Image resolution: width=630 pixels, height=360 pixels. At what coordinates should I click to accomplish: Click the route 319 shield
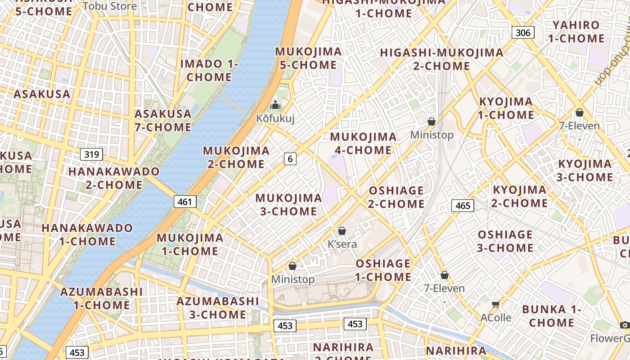(91, 154)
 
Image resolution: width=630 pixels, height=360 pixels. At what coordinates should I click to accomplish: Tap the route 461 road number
(185, 202)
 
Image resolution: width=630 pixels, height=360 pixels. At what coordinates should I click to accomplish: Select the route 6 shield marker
(290, 158)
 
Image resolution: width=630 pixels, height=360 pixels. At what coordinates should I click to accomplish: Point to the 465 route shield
(463, 206)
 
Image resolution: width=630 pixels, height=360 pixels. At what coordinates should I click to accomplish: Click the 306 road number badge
(522, 32)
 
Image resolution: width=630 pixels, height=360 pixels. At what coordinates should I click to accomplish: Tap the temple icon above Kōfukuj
(274, 106)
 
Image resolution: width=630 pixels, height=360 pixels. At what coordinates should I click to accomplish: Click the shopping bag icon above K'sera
(342, 231)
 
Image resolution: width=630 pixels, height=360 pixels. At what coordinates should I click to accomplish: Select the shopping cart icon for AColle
(495, 305)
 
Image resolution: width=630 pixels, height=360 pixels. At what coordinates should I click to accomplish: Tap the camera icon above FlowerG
(624, 325)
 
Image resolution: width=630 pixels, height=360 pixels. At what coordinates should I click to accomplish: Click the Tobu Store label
(110, 6)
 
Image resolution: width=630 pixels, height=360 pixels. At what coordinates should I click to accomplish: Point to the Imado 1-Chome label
(209, 70)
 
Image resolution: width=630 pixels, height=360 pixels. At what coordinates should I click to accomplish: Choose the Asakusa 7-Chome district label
(163, 120)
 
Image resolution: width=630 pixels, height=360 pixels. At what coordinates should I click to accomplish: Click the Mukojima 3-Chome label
(288, 204)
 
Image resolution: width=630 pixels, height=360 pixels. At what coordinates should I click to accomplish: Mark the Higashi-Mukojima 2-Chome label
(441, 59)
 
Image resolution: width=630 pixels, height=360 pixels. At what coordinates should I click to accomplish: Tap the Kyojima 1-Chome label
(506, 108)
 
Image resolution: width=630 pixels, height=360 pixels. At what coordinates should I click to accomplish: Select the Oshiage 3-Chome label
(505, 241)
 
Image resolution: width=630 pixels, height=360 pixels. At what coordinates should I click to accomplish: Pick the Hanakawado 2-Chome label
(114, 178)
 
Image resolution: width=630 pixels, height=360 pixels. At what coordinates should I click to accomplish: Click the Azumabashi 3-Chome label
(218, 307)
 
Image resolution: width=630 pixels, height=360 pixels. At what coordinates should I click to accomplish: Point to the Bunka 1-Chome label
(551, 316)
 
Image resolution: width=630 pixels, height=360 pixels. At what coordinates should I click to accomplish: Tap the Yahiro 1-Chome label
(576, 31)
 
